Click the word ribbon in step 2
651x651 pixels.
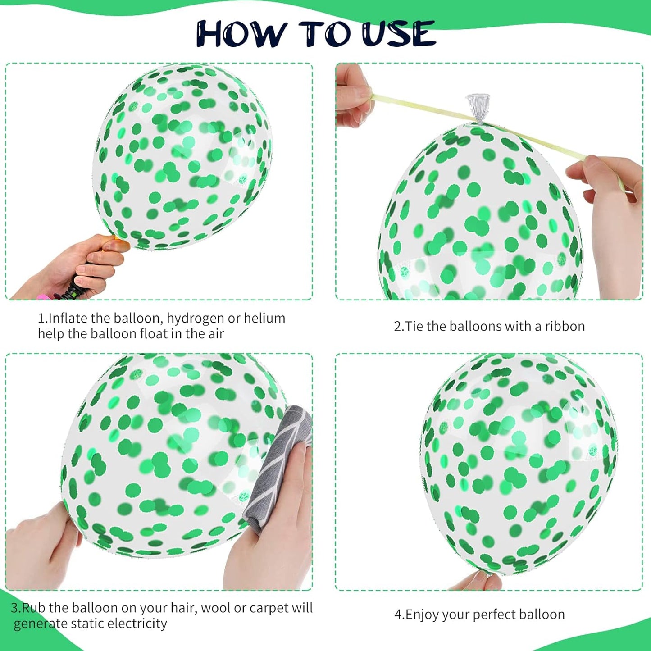(565, 326)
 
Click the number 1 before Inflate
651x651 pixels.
(41, 319)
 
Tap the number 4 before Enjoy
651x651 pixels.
(398, 615)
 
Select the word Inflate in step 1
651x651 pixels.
(68, 319)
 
